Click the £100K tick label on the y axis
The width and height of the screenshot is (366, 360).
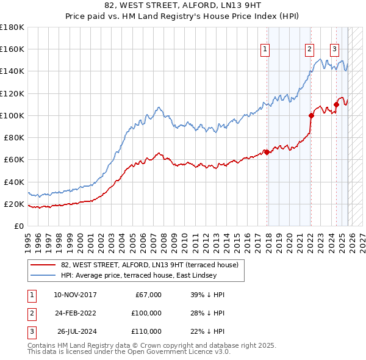tap(12, 115)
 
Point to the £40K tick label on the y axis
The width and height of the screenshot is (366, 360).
tap(13, 182)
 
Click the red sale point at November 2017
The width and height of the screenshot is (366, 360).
tap(267, 152)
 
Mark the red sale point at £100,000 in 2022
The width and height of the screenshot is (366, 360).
tap(311, 115)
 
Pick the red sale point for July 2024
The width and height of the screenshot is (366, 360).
tap(336, 104)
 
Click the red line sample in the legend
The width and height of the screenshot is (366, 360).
tap(43, 265)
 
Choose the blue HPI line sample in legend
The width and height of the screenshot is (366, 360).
tap(43, 275)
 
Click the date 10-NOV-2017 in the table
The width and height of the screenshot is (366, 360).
tap(75, 295)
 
